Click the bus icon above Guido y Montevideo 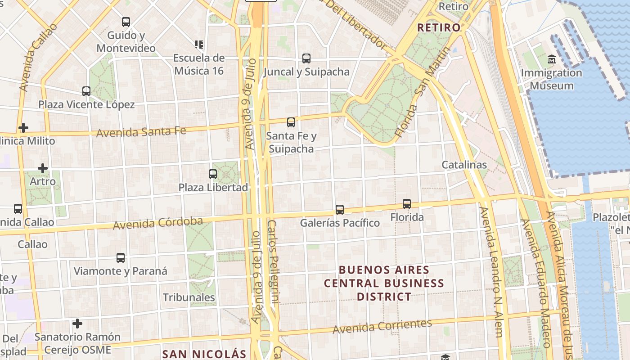126,22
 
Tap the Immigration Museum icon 552,59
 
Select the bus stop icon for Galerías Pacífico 340,210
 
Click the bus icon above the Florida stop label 407,204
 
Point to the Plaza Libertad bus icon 213,174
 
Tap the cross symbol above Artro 43,168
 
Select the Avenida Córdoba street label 157,223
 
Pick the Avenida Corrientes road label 382,326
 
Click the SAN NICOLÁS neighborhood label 204,354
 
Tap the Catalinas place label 464,165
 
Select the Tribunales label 189,297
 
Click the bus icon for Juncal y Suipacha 306,58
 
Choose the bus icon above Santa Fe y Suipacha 291,122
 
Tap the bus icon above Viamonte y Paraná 121,258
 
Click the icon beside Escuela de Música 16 199,45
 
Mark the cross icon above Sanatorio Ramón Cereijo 77,324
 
